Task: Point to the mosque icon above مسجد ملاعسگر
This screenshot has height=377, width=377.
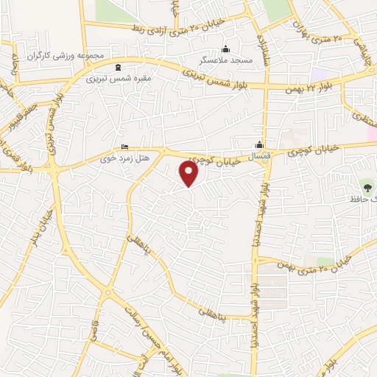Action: pyautogui.click(x=226, y=49)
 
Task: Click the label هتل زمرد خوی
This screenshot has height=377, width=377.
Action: pyautogui.click(x=144, y=158)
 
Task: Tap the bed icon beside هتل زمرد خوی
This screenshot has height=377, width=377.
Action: pyautogui.click(x=124, y=147)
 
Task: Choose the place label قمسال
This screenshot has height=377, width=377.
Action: pyautogui.click(x=259, y=155)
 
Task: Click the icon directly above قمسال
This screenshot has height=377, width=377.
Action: pyautogui.click(x=259, y=144)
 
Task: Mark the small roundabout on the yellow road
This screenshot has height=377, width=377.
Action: pyautogui.click(x=108, y=293)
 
